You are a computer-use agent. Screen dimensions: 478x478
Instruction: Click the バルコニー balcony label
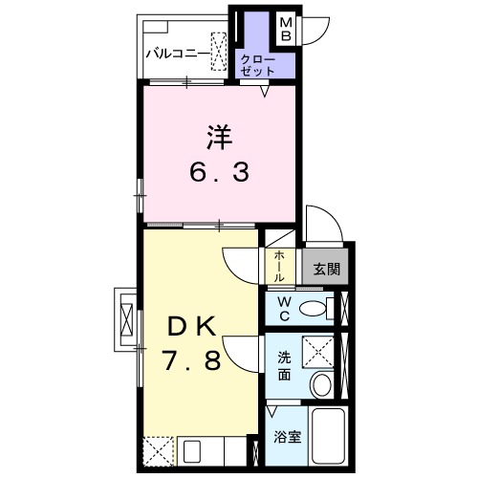pyautogui.click(x=179, y=54)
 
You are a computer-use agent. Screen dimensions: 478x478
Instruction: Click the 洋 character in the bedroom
pyautogui.click(x=217, y=138)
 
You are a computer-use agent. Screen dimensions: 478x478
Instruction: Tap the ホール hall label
pyautogui.click(x=278, y=265)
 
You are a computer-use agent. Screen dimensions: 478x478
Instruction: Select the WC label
pyautogui.click(x=284, y=308)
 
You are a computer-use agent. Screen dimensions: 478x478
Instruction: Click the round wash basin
pyautogui.click(x=323, y=385)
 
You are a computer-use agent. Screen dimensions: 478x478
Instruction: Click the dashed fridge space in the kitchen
pyautogui.click(x=158, y=450)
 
